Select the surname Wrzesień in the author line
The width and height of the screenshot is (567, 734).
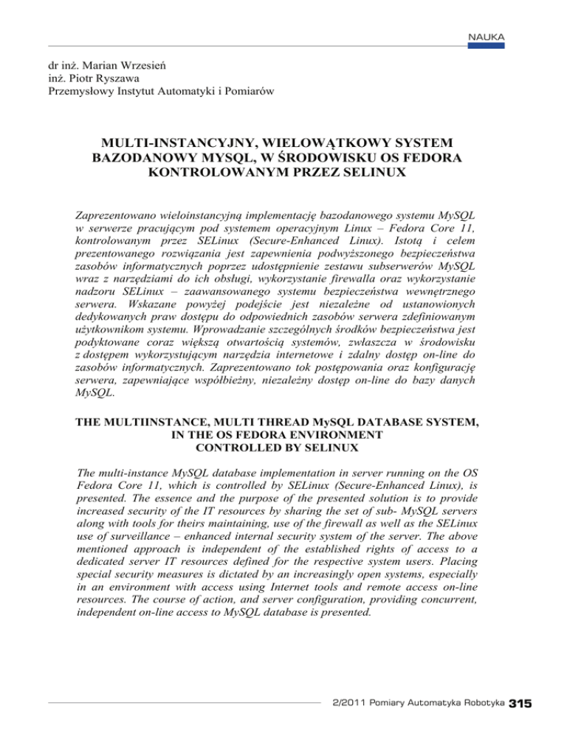point(142,65)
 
